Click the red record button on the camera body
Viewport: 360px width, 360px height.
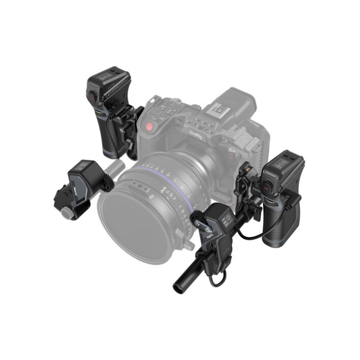pos(149,127)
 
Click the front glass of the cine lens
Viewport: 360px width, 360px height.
pos(135,221)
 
